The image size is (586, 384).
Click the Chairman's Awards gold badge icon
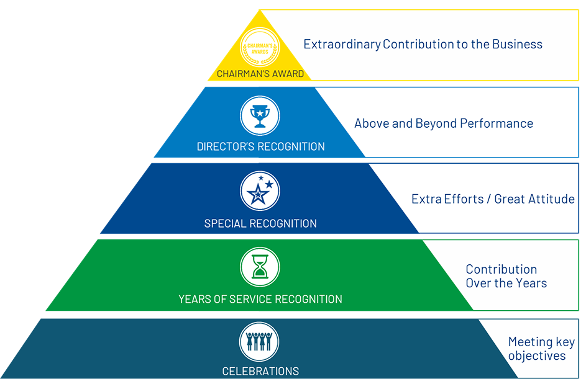click(x=260, y=48)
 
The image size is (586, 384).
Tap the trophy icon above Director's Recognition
click(x=260, y=115)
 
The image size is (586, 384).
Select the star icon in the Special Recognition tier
click(x=260, y=191)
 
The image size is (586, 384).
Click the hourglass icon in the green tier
click(x=260, y=267)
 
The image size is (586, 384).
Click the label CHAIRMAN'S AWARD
click(x=260, y=74)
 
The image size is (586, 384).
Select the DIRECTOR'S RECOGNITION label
click(x=260, y=147)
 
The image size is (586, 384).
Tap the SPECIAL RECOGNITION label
click(x=260, y=223)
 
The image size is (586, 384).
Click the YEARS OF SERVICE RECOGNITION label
click(x=260, y=299)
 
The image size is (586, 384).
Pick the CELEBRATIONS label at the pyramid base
click(x=260, y=372)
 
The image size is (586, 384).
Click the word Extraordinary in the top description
click(x=341, y=44)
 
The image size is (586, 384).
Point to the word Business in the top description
click(x=517, y=44)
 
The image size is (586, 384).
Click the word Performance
click(x=499, y=123)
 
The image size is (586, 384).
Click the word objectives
click(x=537, y=356)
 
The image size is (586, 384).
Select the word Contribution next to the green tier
click(x=501, y=269)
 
